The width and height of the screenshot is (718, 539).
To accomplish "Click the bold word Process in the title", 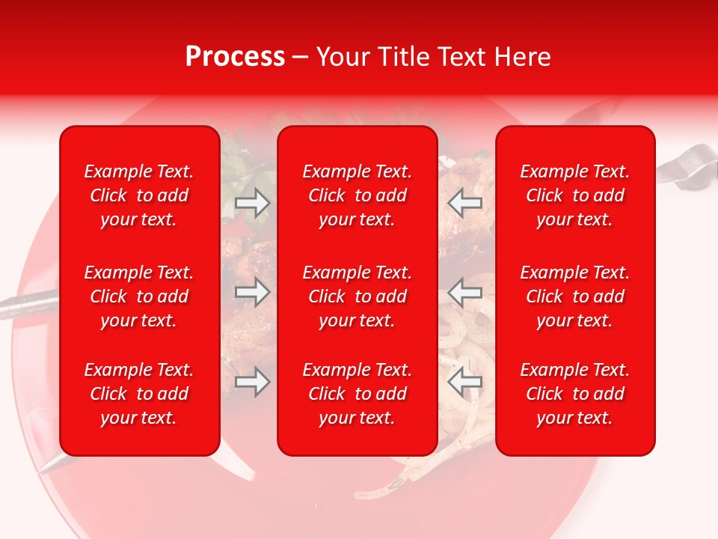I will click(235, 57).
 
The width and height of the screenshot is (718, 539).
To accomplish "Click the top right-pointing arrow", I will click(252, 203).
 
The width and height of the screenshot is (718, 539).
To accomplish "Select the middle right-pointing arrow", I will click(252, 292).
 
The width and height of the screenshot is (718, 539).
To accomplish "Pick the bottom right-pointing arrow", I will click(252, 382).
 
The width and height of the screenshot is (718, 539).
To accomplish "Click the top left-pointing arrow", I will click(465, 203).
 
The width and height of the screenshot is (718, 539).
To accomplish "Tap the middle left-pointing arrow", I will click(465, 292).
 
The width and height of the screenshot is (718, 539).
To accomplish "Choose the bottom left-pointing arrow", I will click(465, 382).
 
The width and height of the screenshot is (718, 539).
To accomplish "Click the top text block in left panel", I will click(139, 195).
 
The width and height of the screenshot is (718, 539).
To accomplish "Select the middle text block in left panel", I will click(139, 296).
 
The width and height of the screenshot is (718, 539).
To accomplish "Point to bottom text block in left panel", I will click(139, 394).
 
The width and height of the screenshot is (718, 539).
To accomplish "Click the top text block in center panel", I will click(358, 195).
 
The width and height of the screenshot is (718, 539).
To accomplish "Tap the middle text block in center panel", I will click(358, 296).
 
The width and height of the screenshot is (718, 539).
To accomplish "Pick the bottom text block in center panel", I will click(358, 394).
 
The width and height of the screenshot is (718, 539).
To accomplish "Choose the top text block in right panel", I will click(575, 195).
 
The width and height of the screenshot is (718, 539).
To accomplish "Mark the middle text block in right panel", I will click(575, 296).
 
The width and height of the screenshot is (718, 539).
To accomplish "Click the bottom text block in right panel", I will click(575, 394).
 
